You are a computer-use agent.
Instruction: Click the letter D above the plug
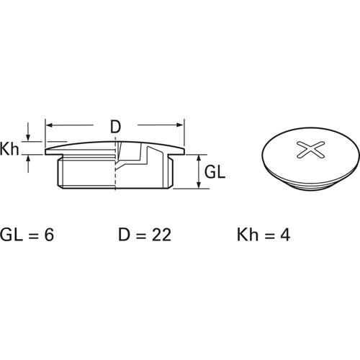coord(115,127)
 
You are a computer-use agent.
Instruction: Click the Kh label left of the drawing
coord(9,149)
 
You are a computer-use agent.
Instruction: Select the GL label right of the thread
coord(215,172)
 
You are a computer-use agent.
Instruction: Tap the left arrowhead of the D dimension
coord(49,125)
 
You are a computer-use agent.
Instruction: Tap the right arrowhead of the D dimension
coord(180,125)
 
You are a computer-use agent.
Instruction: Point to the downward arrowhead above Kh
coord(28,138)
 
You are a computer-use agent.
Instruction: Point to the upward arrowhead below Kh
coord(28,159)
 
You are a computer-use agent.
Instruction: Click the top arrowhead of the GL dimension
coord(199,158)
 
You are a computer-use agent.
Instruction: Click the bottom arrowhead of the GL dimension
coord(199,185)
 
